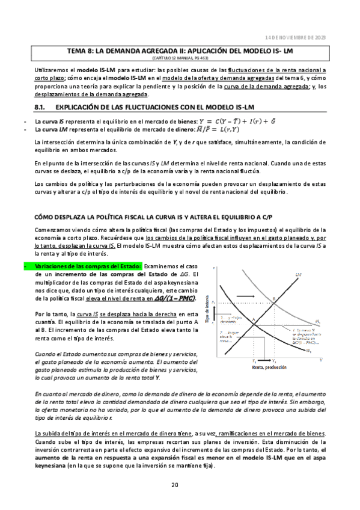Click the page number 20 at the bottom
pos(174,485)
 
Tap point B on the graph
pos(274,299)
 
